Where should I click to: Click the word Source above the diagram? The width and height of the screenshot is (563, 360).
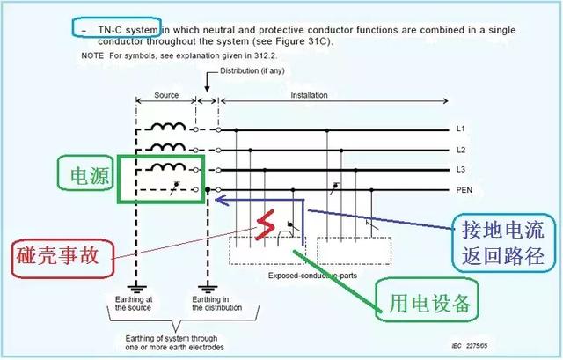(165, 95)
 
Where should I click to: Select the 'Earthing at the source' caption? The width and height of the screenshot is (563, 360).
(135, 304)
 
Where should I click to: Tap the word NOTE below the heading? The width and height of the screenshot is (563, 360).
(91, 55)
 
